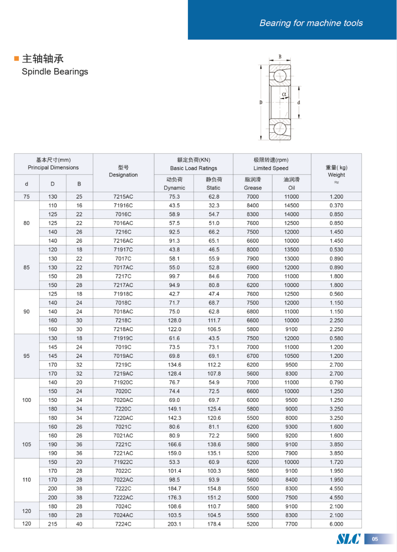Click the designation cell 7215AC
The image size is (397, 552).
(123, 197)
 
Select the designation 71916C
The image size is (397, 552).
(123, 206)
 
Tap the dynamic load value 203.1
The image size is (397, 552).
(174, 524)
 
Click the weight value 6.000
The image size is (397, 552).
(336, 524)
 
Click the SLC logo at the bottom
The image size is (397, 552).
(348, 539)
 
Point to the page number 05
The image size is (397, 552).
(375, 539)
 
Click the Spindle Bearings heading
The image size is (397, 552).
(55, 72)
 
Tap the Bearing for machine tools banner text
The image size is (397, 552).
(311, 23)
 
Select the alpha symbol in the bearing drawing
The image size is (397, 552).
(284, 94)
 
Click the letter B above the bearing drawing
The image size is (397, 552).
(280, 57)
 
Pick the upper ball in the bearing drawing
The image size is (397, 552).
(280, 76)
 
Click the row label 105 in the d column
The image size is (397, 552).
(26, 445)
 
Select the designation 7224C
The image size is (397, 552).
(123, 524)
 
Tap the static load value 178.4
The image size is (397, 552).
(214, 524)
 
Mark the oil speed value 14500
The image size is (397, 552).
(292, 206)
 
